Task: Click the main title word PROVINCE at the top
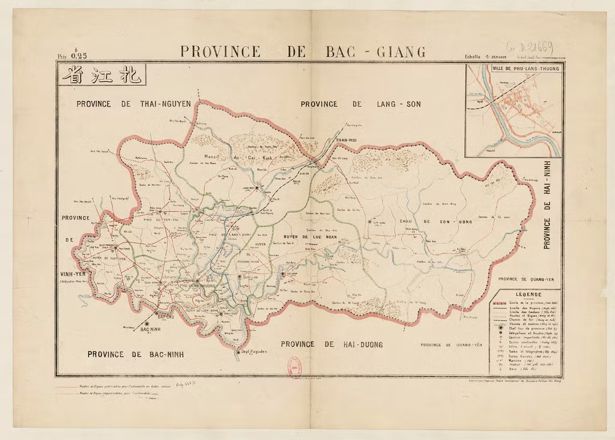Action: tap(220, 52)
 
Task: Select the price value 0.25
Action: tap(79, 55)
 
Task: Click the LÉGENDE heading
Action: tap(525, 295)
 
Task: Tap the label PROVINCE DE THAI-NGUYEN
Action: tap(133, 104)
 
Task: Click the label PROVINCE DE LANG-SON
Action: tap(360, 104)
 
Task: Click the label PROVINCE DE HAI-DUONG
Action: tap(332, 344)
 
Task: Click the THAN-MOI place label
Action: tap(345, 140)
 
